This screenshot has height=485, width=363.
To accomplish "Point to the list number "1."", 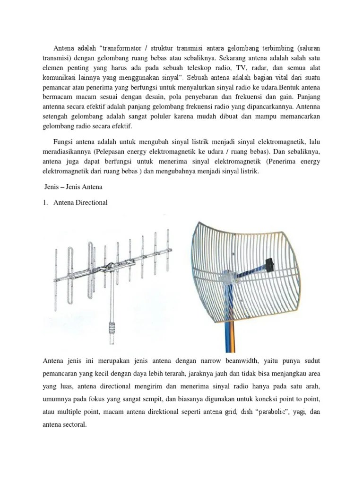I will click(44, 203).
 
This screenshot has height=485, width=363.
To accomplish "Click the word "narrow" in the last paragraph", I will click(224, 362).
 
